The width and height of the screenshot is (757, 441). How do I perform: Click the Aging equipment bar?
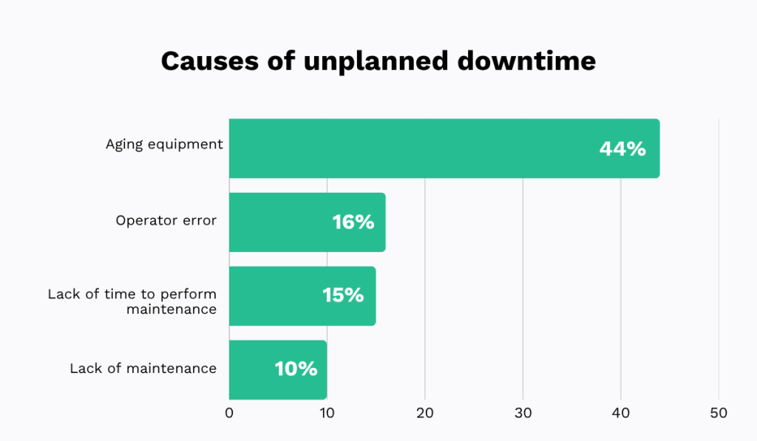point(444,148)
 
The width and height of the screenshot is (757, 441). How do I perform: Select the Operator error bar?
point(307,222)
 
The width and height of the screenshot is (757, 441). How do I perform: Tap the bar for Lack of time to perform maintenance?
point(302,295)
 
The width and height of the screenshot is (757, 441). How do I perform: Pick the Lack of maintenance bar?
point(278,369)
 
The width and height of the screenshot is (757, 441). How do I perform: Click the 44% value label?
point(622,148)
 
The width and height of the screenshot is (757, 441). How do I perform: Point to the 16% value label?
point(353,222)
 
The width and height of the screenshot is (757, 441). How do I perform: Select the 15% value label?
point(343,295)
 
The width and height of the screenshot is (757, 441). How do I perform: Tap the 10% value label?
point(296,369)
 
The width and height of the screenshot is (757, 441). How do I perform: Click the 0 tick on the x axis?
point(229,413)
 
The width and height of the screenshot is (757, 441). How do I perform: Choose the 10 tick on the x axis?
point(327,413)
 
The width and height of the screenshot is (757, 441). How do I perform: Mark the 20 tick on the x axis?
point(425,413)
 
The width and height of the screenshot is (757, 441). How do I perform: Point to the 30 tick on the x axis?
point(523,413)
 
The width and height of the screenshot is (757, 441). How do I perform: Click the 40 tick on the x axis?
point(621,413)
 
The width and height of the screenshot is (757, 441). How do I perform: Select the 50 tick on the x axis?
point(719,413)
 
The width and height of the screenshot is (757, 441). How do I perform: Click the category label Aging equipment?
point(164,145)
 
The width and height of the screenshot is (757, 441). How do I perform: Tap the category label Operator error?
point(166,220)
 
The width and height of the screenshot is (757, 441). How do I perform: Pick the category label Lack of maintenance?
point(143,368)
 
